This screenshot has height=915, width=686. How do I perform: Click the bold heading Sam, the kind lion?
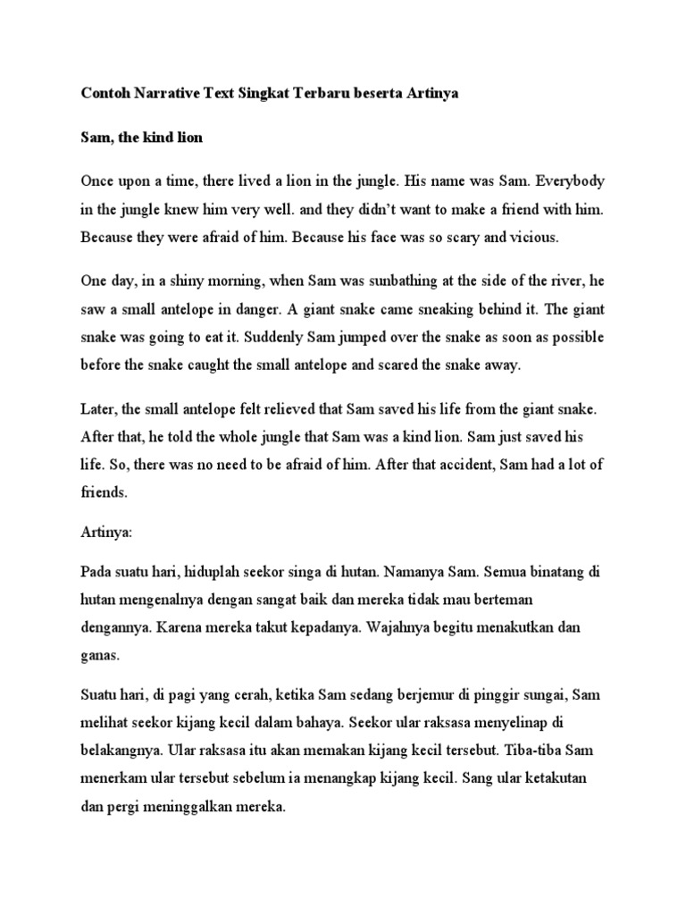tap(142, 139)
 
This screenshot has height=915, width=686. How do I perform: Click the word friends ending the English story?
tap(105, 491)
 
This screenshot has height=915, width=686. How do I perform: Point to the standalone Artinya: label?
tap(106, 533)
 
